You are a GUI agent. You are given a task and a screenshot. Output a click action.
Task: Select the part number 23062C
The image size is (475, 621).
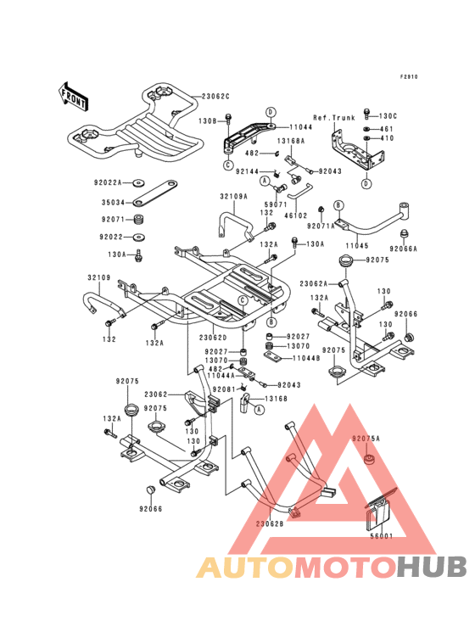[215, 96]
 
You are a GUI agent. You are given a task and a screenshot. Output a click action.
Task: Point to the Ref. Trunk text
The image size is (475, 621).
[334, 117]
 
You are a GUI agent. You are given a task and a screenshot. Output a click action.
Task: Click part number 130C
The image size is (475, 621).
[388, 115]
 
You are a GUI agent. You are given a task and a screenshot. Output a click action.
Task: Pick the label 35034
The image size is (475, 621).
[113, 204]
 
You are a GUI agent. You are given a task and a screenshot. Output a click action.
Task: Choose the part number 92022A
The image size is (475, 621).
[109, 182]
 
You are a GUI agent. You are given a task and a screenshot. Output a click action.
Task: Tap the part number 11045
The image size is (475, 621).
[358, 244]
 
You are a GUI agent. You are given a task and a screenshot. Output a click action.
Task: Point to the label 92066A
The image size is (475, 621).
[405, 249]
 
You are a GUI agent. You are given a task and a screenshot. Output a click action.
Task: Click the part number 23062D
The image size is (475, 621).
[215, 337]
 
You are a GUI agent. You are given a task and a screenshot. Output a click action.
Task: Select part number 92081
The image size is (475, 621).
[222, 389]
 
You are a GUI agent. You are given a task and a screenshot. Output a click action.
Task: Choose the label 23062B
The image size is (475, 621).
[269, 523]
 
